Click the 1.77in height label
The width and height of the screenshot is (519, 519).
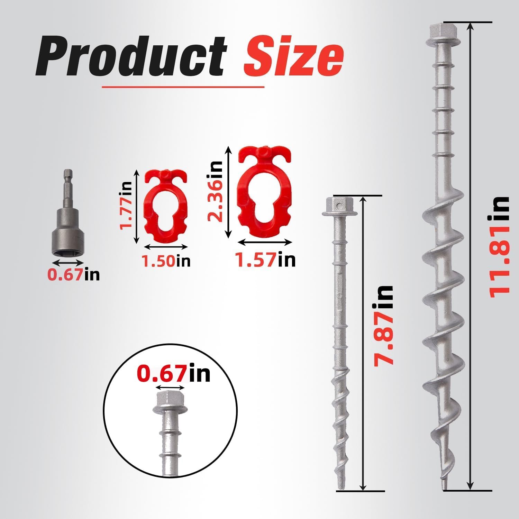pyautogui.click(x=126, y=206)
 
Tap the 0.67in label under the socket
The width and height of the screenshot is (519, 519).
pyautogui.click(x=73, y=274)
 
